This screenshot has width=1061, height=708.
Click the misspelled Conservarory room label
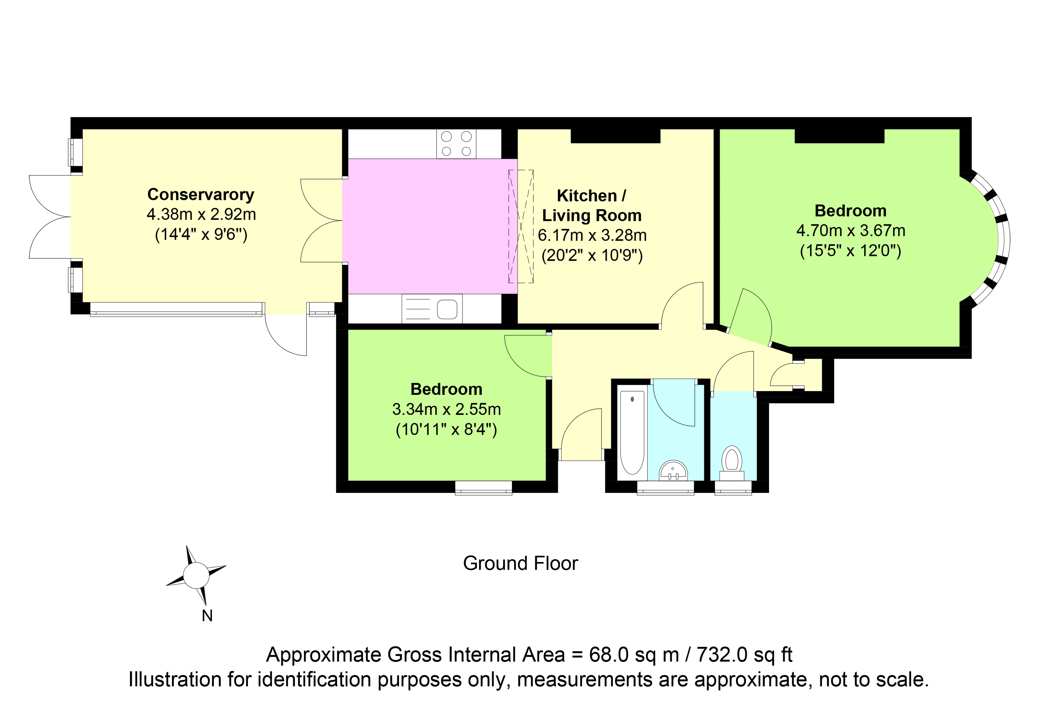201,195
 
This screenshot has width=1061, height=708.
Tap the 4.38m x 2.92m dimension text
201,215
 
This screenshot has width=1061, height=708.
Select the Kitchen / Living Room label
591,205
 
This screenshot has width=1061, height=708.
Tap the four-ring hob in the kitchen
456,144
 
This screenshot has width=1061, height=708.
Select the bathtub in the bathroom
632,432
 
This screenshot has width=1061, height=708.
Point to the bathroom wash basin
673,470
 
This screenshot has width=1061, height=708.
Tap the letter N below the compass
207,616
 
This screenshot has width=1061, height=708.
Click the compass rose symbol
196,576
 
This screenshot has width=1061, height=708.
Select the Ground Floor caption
521,564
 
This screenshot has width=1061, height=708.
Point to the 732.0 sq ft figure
744,655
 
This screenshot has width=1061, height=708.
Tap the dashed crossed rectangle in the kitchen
521,226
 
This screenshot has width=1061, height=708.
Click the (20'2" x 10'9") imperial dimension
592,256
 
